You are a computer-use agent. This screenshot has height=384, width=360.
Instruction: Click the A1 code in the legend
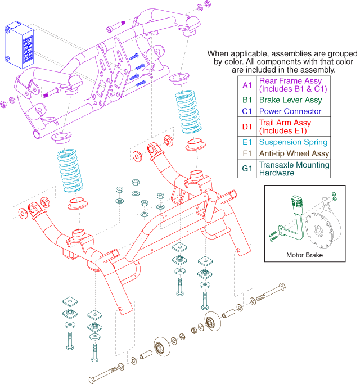pos(247,85)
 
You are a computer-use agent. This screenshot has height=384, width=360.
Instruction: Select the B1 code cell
pos(247,100)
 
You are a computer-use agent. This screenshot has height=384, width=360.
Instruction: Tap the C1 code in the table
pos(247,111)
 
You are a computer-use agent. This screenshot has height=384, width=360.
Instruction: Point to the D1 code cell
pos(247,127)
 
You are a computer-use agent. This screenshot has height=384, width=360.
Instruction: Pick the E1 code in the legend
pos(247,142)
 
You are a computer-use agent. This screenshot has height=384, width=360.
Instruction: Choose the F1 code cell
pos(247,153)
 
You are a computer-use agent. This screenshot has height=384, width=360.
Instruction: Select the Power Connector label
pos(290,111)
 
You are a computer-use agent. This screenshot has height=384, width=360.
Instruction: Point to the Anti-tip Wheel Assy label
pos(294,153)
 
